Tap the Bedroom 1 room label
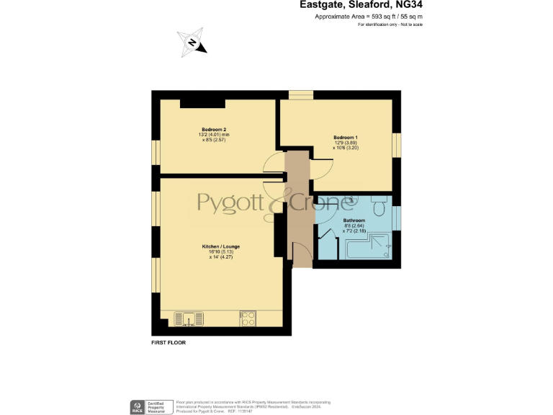pyautogui.click(x=345, y=137)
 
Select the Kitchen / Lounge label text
pyautogui.click(x=220, y=246)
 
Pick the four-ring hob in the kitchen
pyautogui.click(x=248, y=317)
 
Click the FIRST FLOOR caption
pyautogui.click(x=168, y=343)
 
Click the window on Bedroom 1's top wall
pyautogui.click(x=300, y=94)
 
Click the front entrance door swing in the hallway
pyautogui.click(x=302, y=252)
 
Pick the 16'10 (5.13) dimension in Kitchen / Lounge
pyautogui.click(x=220, y=251)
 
